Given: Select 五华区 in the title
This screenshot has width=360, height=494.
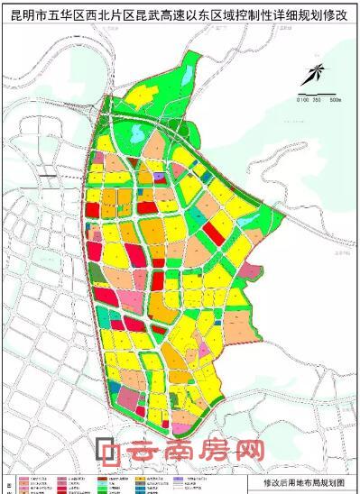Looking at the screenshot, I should (62, 14).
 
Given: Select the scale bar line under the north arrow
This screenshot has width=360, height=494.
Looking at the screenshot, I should (319, 94).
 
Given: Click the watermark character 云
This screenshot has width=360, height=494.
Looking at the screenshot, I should (141, 450).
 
